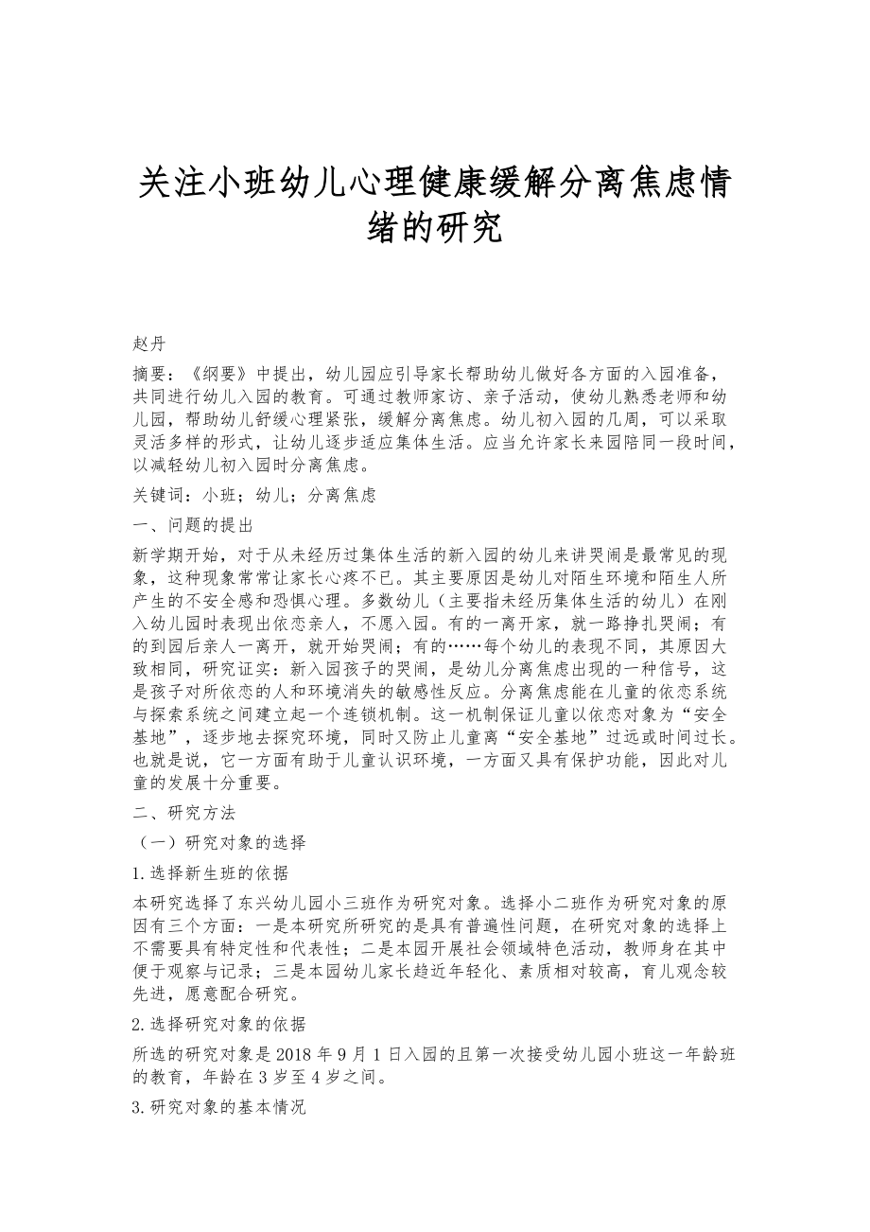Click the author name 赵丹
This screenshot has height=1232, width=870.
tap(150, 343)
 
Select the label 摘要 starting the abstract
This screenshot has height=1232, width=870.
tap(149, 373)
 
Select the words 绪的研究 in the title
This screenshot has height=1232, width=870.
tap(435, 228)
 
